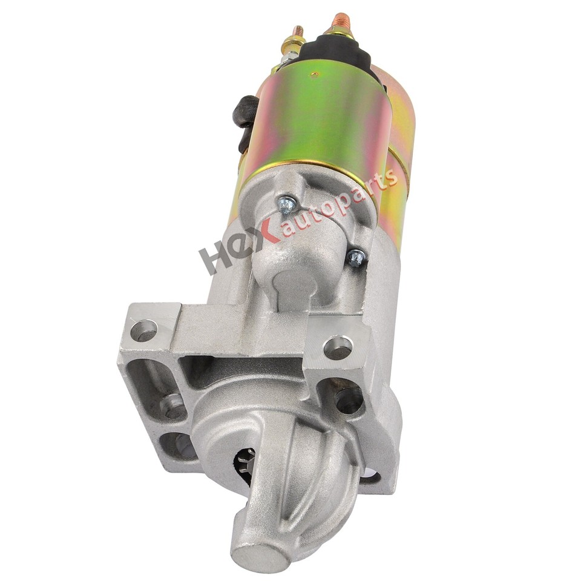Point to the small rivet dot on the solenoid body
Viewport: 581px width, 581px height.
click(x=315, y=74)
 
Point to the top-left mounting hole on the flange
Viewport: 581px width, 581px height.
click(x=144, y=330)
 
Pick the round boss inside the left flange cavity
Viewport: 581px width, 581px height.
click(x=173, y=405)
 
